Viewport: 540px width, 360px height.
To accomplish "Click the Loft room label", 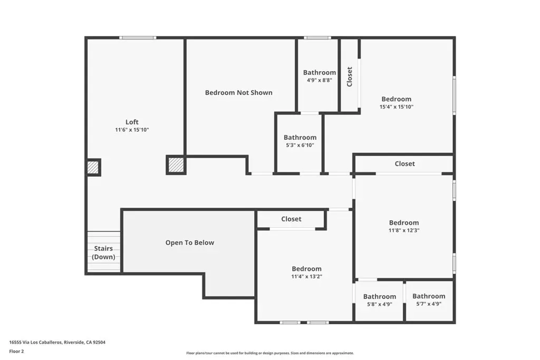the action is (x=132, y=122).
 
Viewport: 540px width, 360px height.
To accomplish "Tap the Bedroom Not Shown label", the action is (x=239, y=93).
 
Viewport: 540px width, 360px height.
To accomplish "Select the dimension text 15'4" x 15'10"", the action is (x=397, y=106).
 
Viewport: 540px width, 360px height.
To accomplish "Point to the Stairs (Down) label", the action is (x=103, y=252).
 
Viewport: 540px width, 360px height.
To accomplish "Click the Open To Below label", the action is (x=190, y=242).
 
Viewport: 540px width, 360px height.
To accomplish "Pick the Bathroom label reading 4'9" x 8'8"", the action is (x=320, y=72).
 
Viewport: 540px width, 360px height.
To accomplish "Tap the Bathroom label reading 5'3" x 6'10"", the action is (x=300, y=138).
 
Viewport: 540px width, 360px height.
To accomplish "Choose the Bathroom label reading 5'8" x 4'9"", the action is (x=380, y=296).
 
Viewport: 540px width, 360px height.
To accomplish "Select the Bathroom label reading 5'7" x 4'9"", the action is (x=429, y=296).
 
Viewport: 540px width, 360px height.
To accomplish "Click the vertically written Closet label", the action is (x=350, y=77).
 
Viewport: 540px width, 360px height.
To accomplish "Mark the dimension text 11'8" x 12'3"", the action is (x=404, y=230).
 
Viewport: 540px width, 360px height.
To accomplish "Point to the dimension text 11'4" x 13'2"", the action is (x=306, y=276).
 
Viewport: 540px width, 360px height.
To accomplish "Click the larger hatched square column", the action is (x=176, y=165).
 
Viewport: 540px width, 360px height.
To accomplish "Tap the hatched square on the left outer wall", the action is (x=93, y=168).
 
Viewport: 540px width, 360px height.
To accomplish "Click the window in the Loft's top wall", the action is (x=138, y=37).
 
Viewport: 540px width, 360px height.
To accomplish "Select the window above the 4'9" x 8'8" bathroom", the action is (x=317, y=37).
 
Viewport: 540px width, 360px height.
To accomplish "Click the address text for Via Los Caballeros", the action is (x=57, y=342).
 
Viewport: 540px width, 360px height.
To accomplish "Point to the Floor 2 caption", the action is (x=16, y=352).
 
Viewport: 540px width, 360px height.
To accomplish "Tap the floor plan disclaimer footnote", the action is (x=270, y=353).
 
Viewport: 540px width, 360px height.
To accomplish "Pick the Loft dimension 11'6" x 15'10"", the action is (x=132, y=130).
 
